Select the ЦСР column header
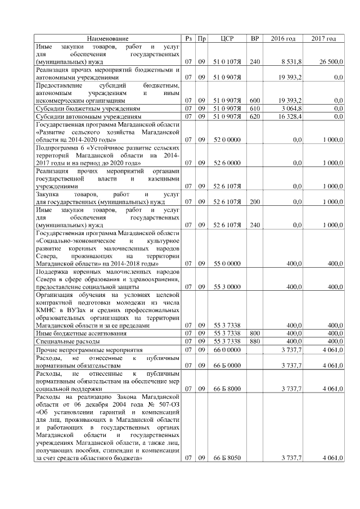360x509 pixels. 227,38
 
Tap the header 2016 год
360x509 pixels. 283,38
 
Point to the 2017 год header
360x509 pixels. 323,38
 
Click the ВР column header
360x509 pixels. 254,38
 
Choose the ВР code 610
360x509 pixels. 255,107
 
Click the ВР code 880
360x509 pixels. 255,341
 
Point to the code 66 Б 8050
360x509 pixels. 227,458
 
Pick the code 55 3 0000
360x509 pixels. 227,286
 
